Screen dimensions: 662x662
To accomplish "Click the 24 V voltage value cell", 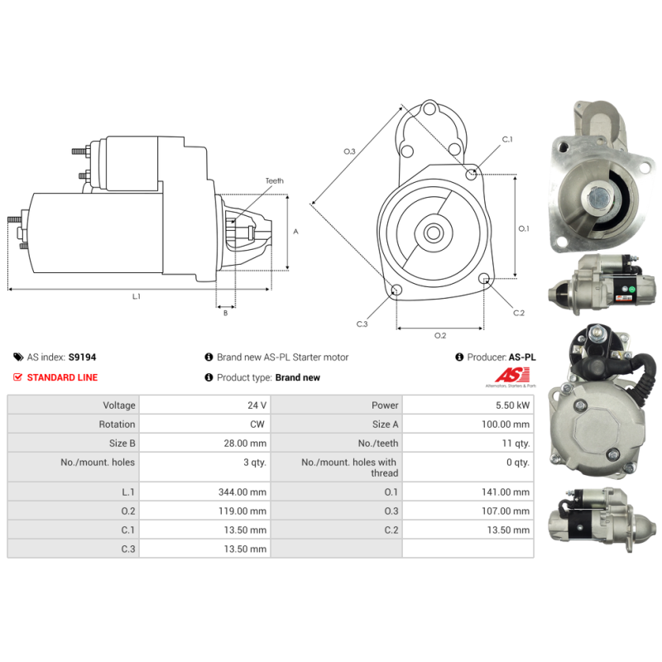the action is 257,405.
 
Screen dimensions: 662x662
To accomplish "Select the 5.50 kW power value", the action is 512,405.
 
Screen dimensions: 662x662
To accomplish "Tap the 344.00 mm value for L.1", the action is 242,492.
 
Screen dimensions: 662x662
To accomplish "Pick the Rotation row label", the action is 117,425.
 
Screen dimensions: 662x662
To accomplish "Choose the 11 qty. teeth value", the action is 516,444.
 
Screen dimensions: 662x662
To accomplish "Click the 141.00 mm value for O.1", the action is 506,492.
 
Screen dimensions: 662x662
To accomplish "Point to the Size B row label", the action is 122,444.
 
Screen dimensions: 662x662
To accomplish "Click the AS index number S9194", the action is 82,357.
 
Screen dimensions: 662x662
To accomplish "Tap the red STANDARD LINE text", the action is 63,377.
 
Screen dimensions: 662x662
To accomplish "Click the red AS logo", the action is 512,375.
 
